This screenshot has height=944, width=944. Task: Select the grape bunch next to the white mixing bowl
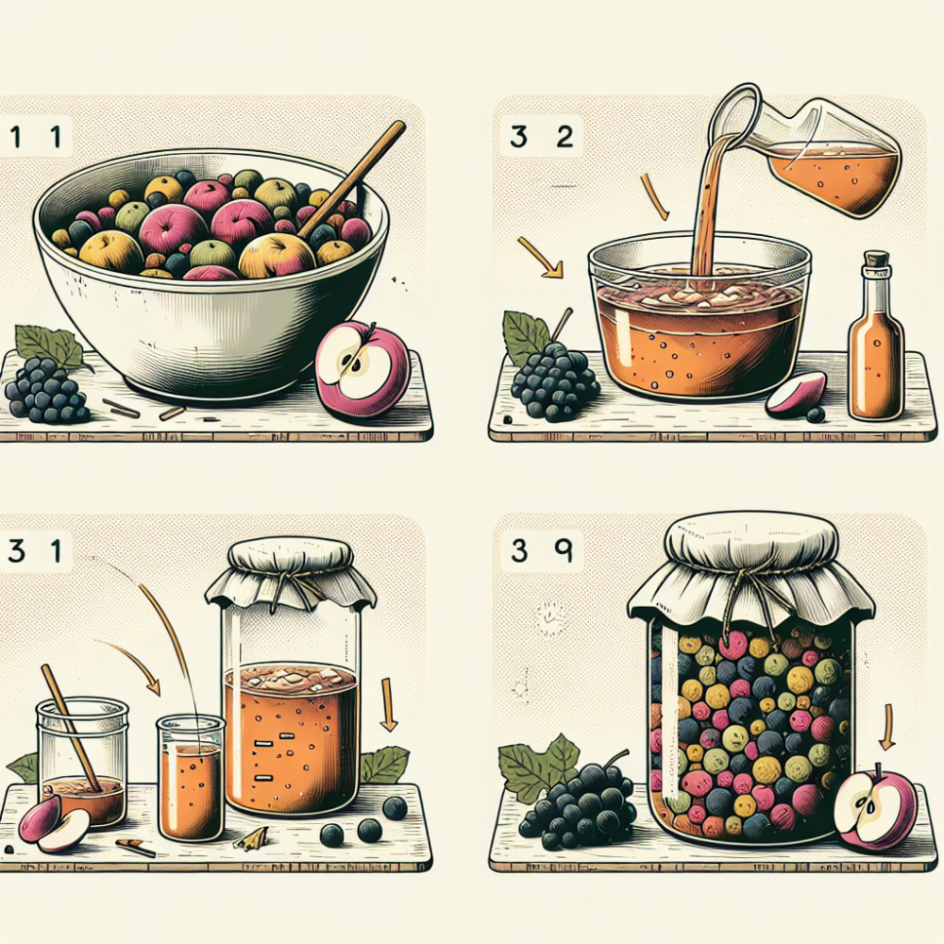point(45,390)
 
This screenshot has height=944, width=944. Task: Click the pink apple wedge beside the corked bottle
point(795,395)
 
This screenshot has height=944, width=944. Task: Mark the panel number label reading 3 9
point(541,551)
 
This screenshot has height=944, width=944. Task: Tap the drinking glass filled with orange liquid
point(190,778)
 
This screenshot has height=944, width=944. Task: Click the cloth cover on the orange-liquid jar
point(291,574)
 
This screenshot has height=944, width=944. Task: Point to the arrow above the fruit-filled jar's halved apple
point(886,728)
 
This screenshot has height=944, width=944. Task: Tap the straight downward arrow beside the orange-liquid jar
point(389,704)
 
